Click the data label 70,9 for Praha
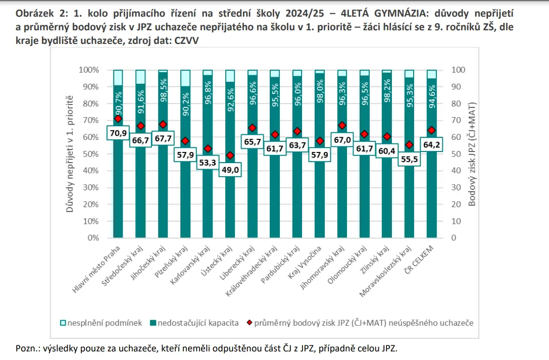(118, 133)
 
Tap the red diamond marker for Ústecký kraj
(230, 156)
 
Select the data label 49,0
(230, 170)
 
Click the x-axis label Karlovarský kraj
(190, 265)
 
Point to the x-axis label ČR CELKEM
(419, 259)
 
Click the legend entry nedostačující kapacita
(194, 323)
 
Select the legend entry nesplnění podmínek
(101, 323)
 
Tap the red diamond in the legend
(249, 323)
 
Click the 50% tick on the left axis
(91, 154)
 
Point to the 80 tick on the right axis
(456, 104)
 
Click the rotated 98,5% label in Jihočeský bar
(163, 90)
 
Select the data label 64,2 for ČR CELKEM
(431, 144)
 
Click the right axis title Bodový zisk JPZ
(472, 155)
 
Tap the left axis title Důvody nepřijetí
(70, 154)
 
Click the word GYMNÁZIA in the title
(401, 13)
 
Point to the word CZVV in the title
(186, 40)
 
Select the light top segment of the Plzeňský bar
(185, 78)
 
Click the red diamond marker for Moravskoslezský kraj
(409, 145)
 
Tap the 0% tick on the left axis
(93, 238)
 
